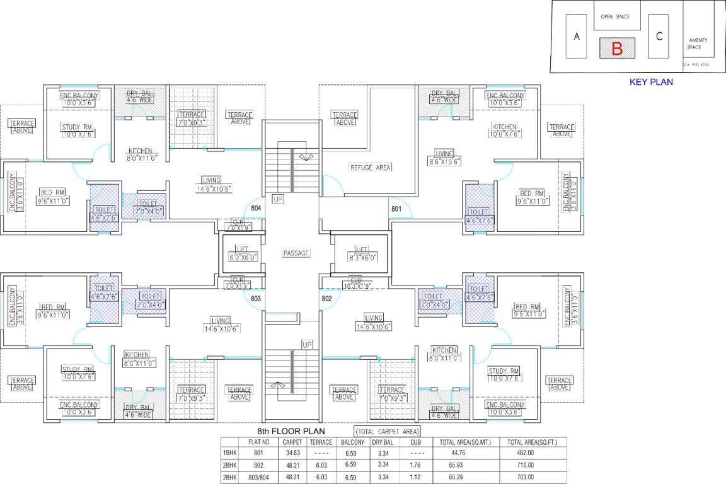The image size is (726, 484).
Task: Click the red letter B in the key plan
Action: tap(617, 49)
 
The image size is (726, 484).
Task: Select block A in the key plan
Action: tap(576, 37)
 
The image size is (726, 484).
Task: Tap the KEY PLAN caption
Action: tap(651, 82)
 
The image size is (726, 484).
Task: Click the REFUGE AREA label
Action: tap(371, 167)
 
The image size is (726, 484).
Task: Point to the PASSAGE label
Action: tap(296, 253)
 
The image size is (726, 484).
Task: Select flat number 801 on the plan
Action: tap(396, 209)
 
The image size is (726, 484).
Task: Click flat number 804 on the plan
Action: tap(256, 207)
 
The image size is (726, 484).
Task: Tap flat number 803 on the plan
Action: tap(256, 299)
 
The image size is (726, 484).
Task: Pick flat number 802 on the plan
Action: tap(327, 299)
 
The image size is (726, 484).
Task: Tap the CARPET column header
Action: tap(292, 442)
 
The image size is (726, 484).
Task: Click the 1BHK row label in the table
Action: tap(230, 453)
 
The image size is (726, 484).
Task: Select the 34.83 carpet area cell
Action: tap(292, 453)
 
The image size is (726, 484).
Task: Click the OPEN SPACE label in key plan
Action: tap(615, 17)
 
